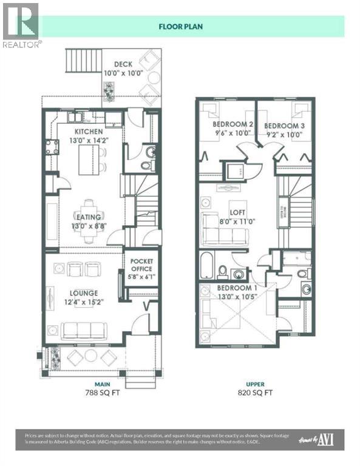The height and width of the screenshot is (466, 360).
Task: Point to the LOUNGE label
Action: [84, 293]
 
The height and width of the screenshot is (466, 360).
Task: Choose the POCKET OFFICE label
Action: [141, 265]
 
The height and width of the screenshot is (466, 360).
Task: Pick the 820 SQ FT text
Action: [255, 392]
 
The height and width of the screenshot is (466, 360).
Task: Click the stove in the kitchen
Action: [52, 146]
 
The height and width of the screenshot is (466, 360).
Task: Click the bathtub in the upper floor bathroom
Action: [206, 266]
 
